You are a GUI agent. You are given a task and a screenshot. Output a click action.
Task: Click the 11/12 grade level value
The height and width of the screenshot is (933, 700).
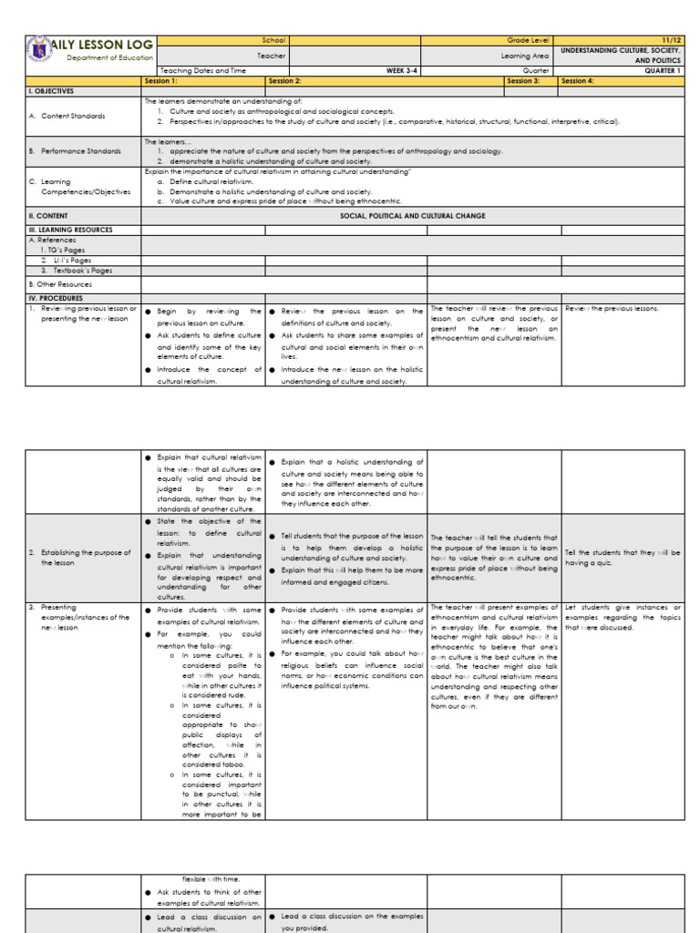[x=672, y=40]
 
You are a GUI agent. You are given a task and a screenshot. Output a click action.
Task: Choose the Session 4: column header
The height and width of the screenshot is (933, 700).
[x=578, y=80]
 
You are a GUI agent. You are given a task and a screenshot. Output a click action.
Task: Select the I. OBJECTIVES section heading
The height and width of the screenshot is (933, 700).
[x=52, y=91]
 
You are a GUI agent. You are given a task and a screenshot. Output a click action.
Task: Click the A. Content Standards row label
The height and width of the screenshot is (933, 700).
[x=67, y=116]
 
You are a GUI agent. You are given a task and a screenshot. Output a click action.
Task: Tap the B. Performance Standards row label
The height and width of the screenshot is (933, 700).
[x=74, y=150]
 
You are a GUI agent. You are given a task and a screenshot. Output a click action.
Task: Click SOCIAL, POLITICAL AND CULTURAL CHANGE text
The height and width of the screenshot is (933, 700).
[x=412, y=216]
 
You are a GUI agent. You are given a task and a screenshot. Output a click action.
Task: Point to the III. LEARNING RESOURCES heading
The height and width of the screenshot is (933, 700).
[x=71, y=230]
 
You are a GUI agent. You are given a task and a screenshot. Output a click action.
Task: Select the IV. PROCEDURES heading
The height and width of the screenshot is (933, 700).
[x=57, y=297]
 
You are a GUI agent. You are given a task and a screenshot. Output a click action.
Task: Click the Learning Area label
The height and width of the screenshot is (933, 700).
[x=531, y=56]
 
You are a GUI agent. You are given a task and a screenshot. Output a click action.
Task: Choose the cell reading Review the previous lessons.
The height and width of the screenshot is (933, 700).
[x=612, y=309]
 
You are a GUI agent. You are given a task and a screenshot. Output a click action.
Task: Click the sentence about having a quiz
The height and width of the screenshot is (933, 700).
[x=623, y=557]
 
